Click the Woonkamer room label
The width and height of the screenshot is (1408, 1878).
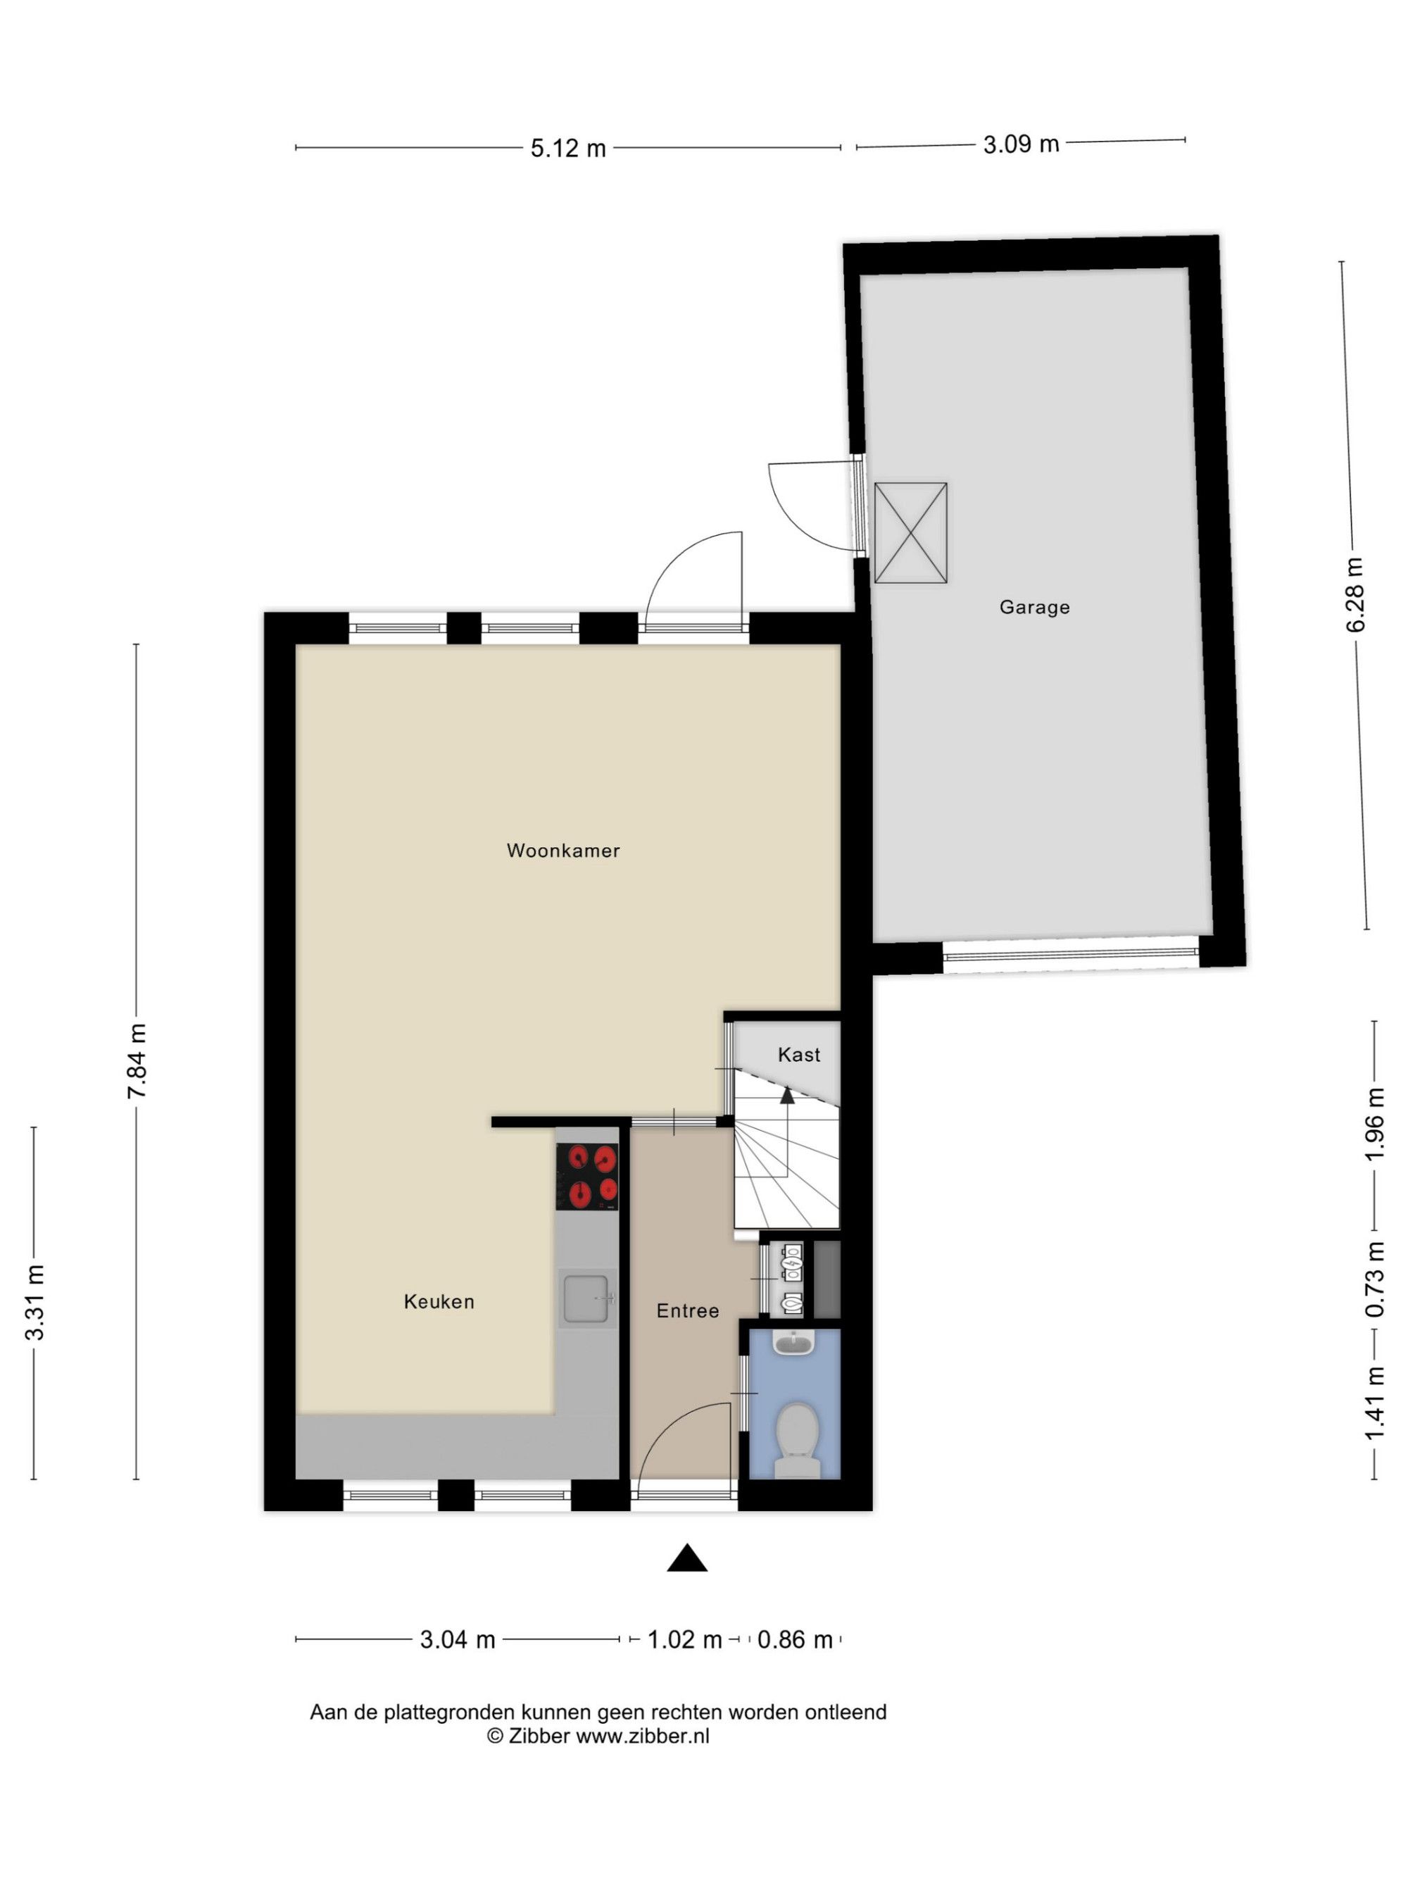[x=562, y=850]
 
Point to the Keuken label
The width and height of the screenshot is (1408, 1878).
[x=439, y=1301]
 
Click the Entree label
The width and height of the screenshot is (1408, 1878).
[x=687, y=1311]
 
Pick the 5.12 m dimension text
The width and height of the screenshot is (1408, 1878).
[x=568, y=149]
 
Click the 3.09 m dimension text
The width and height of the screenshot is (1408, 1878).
[x=1021, y=144]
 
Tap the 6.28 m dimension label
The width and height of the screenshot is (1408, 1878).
[x=1355, y=595]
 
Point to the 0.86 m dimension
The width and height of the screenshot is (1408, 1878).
[x=794, y=1639]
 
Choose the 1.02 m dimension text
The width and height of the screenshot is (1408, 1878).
[x=684, y=1639]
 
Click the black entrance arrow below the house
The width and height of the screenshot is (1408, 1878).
[x=686, y=1557]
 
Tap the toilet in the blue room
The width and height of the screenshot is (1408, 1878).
[x=797, y=1436]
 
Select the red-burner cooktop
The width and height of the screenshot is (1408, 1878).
[x=586, y=1176]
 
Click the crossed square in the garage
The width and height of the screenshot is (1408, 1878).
[x=910, y=532]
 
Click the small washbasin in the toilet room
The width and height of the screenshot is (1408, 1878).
[x=793, y=1341]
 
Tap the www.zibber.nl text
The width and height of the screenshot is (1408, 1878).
[x=643, y=1736]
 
